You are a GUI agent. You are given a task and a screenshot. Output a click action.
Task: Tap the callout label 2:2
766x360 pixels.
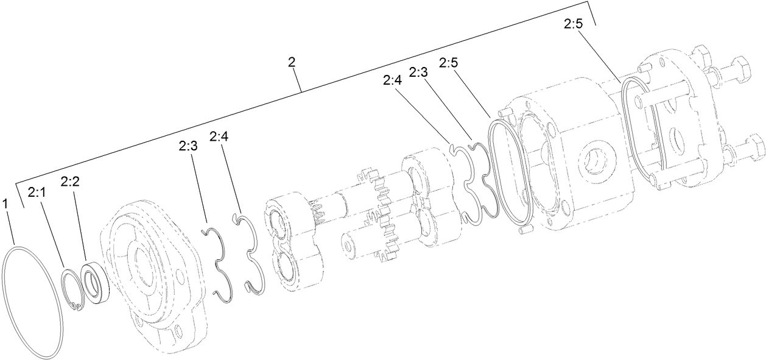click(x=70, y=182)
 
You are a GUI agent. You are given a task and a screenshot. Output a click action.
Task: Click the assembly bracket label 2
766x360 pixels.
click(x=292, y=62)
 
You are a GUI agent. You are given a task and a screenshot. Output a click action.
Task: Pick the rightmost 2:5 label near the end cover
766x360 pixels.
click(x=573, y=24)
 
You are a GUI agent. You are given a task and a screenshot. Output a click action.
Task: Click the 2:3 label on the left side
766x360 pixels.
click(x=188, y=146)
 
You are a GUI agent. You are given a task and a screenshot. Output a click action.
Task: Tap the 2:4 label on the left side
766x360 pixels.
click(x=218, y=137)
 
